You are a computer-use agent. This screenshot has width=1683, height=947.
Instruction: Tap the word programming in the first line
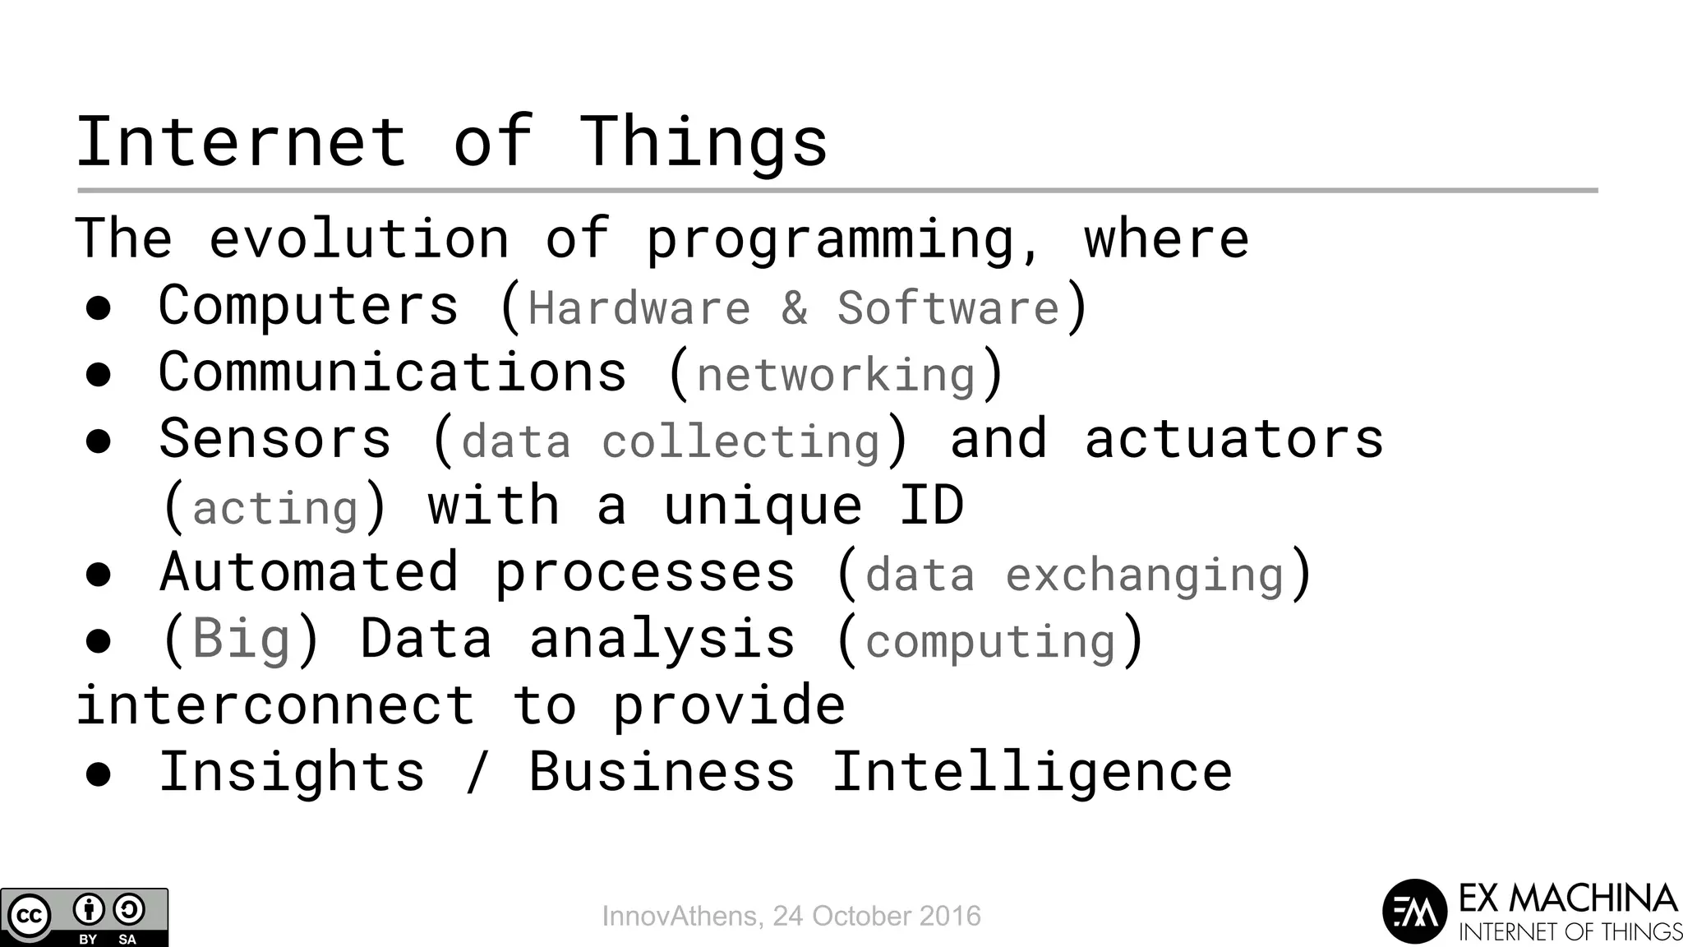[843, 240]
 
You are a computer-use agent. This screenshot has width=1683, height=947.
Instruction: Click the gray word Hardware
[639, 308]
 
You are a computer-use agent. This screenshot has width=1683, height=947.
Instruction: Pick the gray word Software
[948, 308]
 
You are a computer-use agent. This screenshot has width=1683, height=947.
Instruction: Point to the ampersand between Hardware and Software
[794, 308]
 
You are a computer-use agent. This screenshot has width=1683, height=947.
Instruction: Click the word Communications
[393, 372]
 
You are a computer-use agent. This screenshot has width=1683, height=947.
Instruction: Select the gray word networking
[836, 376]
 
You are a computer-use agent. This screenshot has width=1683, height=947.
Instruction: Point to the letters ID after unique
[931, 505]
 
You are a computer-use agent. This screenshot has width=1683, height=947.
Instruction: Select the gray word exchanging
[1144, 575]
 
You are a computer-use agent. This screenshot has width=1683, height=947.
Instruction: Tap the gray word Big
[241, 638]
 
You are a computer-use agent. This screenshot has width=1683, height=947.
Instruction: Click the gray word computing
[990, 641]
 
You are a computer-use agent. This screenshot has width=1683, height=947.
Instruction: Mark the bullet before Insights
[99, 774]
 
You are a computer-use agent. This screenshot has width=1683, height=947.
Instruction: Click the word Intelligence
[1032, 772]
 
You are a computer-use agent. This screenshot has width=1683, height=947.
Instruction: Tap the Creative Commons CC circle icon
[30, 916]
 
